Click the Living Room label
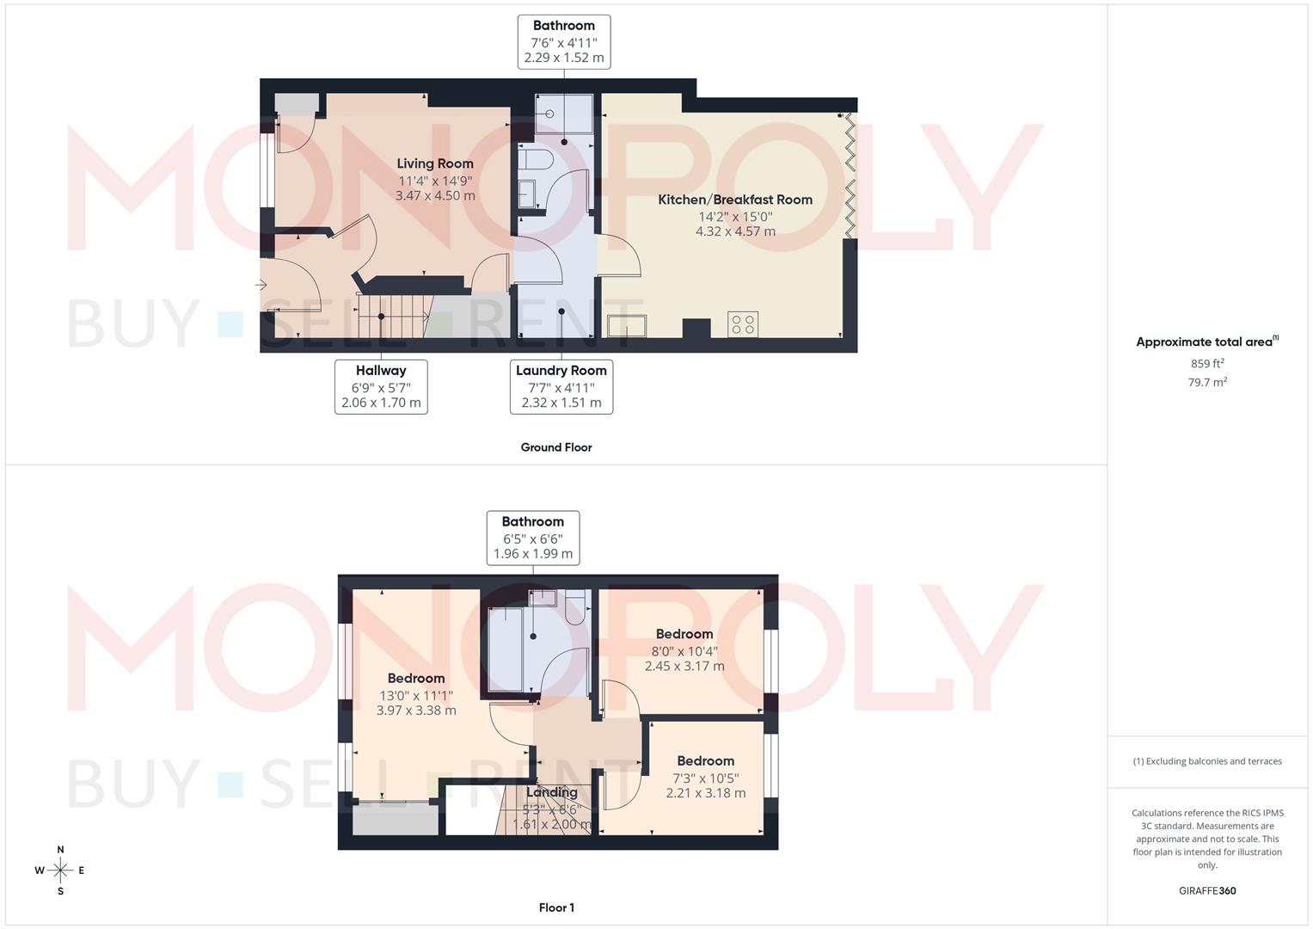click(435, 163)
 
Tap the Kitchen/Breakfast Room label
click(735, 200)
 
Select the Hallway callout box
click(381, 386)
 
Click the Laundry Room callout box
click(561, 386)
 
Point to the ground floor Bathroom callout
click(564, 41)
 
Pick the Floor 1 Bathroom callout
click(533, 538)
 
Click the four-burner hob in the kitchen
click(743, 324)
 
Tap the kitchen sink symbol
click(627, 327)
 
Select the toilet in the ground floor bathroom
click(536, 160)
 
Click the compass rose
click(60, 871)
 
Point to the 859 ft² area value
click(1207, 364)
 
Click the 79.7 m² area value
click(1207, 383)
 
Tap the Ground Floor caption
click(556, 447)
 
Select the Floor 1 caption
click(556, 907)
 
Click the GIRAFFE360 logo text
click(1207, 891)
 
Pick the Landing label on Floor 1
click(552, 792)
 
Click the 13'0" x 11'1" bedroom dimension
click(416, 695)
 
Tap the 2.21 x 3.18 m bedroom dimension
click(706, 793)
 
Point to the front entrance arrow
click(261, 284)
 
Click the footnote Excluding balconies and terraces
click(1207, 761)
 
